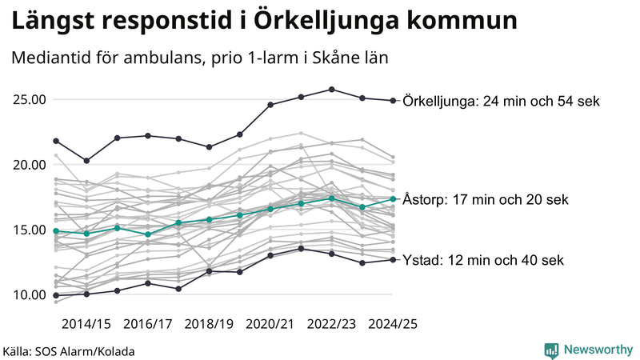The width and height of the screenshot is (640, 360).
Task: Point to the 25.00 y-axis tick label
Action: (29, 100)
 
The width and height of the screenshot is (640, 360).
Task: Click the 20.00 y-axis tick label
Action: (29, 165)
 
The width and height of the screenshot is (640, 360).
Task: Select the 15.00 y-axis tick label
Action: (29, 230)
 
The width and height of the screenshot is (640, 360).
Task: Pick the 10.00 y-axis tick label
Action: (29, 294)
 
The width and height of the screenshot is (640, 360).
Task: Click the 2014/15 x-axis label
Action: (86, 324)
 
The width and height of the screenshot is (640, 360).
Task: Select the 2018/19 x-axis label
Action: (209, 324)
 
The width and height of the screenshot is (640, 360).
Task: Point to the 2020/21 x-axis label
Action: (270, 324)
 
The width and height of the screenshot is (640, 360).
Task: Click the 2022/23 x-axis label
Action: (332, 324)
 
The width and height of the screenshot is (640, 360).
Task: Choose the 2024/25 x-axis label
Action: (393, 324)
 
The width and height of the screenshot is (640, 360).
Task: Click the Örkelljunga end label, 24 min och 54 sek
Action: (502, 102)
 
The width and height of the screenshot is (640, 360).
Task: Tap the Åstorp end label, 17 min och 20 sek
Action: (486, 199)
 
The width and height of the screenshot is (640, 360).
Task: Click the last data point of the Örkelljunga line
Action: (393, 101)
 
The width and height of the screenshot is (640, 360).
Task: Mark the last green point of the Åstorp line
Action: (393, 199)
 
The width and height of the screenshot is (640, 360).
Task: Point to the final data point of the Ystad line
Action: (393, 259)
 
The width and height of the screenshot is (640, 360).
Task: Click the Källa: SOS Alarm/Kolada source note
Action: (69, 351)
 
